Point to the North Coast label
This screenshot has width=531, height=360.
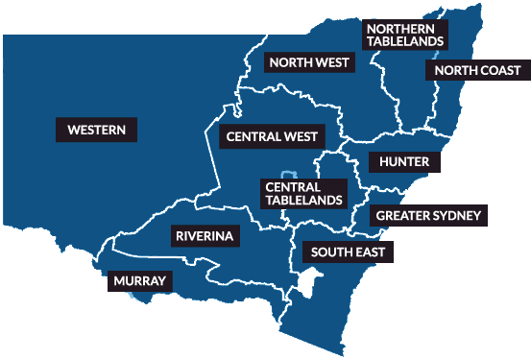click(477, 70)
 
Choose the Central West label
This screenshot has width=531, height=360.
click(272, 136)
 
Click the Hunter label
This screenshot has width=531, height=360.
click(404, 160)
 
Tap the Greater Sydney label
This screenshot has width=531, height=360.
click(428, 215)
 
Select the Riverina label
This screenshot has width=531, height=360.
click(205, 235)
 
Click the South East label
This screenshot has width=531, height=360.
click(348, 253)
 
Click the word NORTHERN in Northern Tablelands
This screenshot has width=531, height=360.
click(402, 28)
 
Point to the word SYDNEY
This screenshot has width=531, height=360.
click(456, 215)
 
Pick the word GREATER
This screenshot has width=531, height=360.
click(403, 215)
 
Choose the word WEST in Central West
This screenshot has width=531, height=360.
click(301, 136)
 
